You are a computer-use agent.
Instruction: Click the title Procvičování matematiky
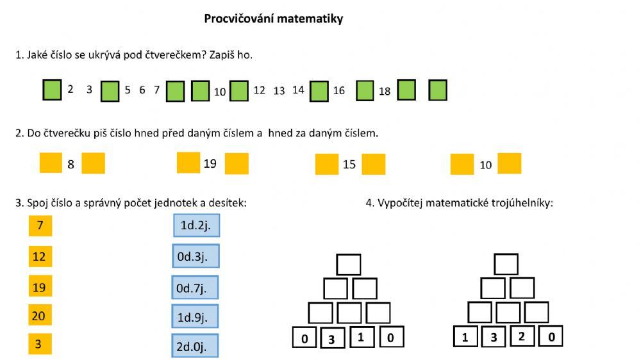[x=274, y=19]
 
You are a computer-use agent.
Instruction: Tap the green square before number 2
[x=52, y=90]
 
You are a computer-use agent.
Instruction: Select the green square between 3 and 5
[x=110, y=91]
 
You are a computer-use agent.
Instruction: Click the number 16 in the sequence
[x=339, y=91]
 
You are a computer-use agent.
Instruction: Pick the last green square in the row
[x=437, y=90]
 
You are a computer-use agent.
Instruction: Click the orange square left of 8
[x=51, y=163]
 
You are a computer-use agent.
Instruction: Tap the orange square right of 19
[x=237, y=163]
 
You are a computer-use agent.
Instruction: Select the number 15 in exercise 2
[x=349, y=165]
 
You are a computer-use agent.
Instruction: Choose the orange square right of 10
[x=510, y=163]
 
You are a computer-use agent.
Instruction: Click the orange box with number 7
[x=40, y=225]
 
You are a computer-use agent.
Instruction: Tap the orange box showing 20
[x=40, y=315]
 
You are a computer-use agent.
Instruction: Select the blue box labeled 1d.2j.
[x=196, y=226]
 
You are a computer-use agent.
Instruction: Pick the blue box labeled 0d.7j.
[x=195, y=288]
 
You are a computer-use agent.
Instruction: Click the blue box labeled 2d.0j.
[x=195, y=346]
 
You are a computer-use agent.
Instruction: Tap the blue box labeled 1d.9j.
[x=195, y=316]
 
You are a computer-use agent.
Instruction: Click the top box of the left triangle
[x=349, y=265]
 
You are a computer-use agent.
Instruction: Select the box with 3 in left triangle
[x=331, y=338]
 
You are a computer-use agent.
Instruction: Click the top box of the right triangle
[x=506, y=264]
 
